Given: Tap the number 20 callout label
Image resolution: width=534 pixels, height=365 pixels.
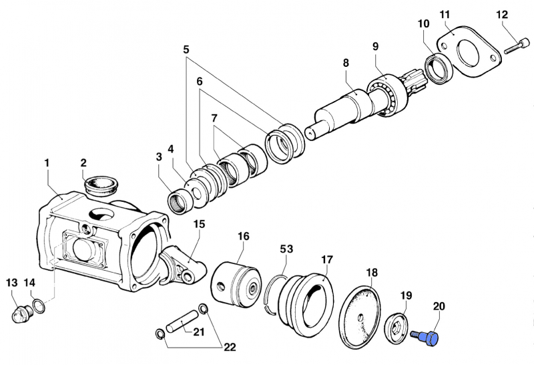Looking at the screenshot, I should click(439, 306).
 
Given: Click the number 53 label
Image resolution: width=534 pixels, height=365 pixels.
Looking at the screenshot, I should click(286, 249).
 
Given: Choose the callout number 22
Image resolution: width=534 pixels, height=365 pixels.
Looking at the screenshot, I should click(230, 348).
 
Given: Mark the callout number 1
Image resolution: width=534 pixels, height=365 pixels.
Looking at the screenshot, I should click(47, 162).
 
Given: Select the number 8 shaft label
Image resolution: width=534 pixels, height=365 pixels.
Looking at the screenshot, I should click(346, 63).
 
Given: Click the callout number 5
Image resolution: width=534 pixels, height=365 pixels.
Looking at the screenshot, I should click(186, 49).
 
